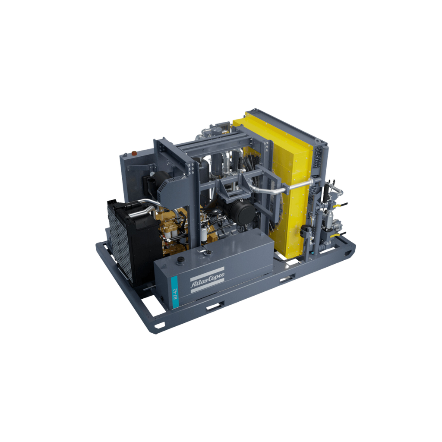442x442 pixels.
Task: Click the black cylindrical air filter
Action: click(x=242, y=212)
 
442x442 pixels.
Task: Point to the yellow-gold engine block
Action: click(x=173, y=229)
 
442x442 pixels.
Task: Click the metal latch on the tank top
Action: click(x=201, y=251)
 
